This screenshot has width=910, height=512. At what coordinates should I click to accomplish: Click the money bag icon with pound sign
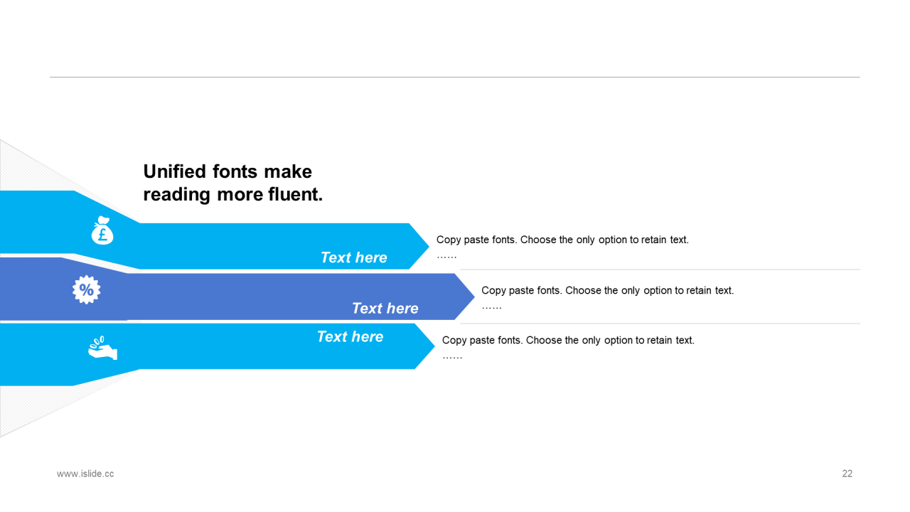point(102,230)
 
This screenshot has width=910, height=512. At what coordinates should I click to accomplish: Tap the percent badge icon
point(86,289)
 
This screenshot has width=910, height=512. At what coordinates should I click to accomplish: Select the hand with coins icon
point(103,348)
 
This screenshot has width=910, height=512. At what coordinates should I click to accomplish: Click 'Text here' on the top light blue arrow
point(354,257)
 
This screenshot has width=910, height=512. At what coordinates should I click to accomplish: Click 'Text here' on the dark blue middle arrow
point(385,309)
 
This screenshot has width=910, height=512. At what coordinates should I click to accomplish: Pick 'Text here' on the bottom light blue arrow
point(350,337)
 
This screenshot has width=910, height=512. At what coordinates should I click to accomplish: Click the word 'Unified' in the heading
point(175,171)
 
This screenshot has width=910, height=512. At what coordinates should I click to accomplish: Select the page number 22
point(847,474)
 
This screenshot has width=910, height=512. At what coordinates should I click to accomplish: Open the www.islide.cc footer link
point(85,474)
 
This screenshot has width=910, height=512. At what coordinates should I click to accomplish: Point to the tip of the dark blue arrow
point(474,297)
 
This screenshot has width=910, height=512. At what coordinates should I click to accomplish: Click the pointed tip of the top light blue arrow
point(429,246)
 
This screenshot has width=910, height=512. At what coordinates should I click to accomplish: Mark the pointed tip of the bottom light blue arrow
point(434,346)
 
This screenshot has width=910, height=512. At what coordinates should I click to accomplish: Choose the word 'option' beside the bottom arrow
point(619,341)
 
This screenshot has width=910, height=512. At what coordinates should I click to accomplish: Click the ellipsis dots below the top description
point(447,257)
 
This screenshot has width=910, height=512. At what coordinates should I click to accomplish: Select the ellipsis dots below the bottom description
point(453,358)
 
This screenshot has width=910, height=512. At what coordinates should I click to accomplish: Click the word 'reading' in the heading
point(177,195)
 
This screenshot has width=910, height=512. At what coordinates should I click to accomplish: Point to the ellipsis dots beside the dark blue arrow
point(492,308)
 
